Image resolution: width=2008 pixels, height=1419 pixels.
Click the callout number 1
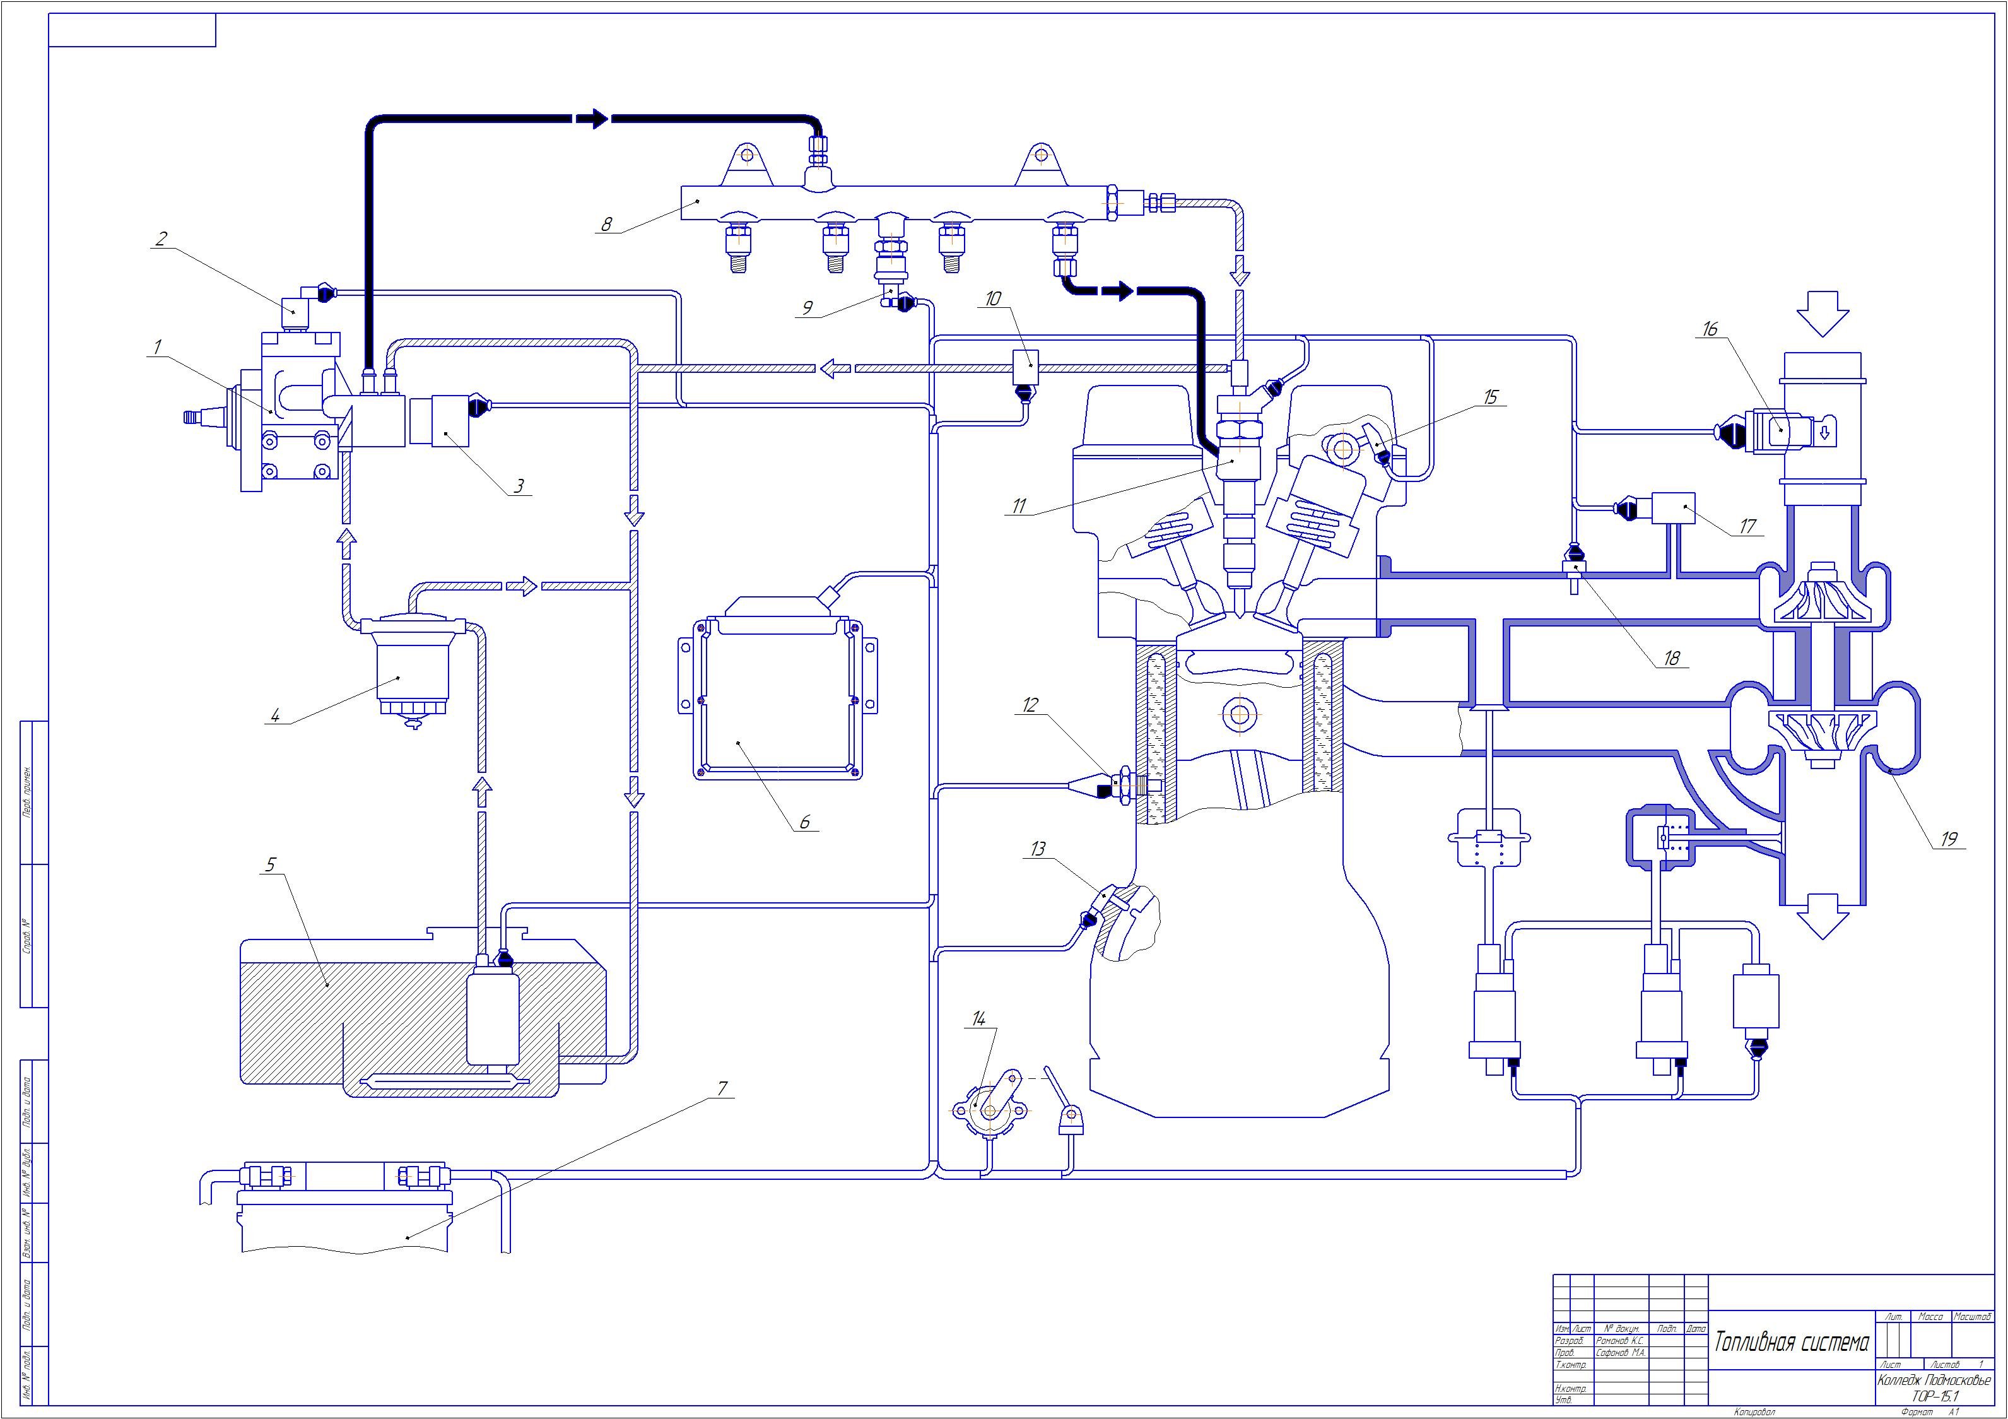[x=158, y=347]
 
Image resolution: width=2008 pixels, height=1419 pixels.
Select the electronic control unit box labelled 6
[x=776, y=695]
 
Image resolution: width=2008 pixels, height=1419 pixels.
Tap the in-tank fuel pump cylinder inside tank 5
[x=493, y=1018]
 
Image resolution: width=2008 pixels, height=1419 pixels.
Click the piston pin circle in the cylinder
[x=1238, y=714]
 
